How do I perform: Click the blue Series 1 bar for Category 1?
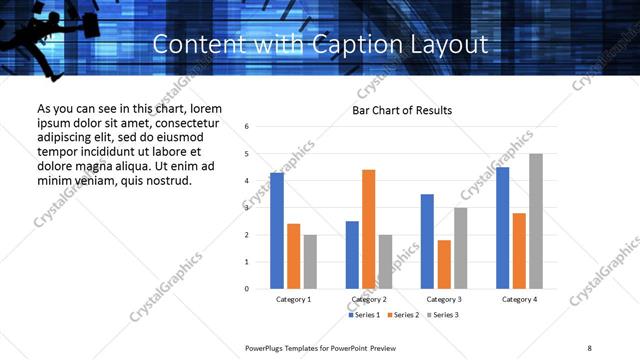coord(277,231)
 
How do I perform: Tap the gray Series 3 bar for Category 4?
coord(536,221)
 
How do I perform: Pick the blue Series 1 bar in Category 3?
coord(427,241)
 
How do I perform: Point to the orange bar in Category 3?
coord(444,264)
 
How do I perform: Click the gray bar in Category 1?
coord(310,262)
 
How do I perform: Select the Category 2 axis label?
coord(368,299)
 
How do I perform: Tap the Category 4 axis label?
coord(519,299)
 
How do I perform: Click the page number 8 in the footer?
coord(589,346)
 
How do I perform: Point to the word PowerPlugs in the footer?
coord(267,346)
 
